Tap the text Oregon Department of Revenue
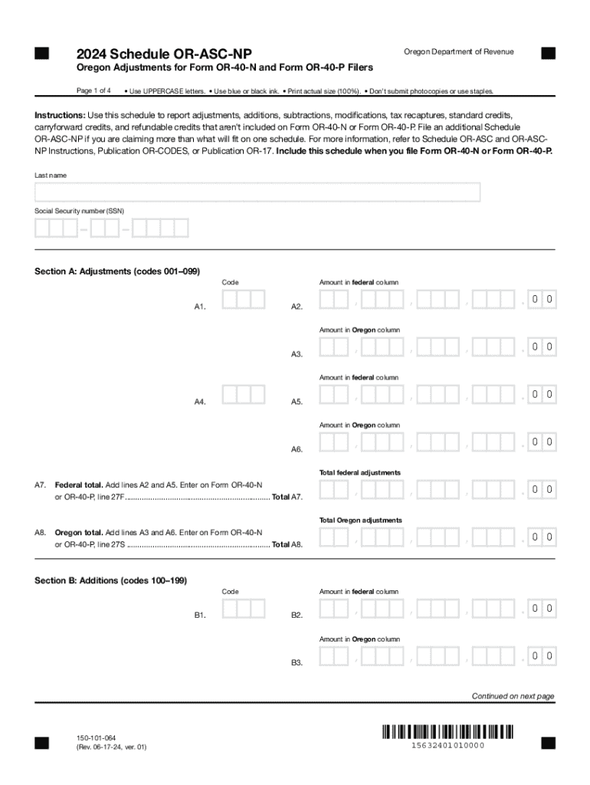click(x=458, y=51)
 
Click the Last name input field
click(x=257, y=192)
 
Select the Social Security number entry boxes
click(x=112, y=228)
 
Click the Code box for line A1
click(x=243, y=300)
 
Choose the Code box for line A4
click(x=243, y=395)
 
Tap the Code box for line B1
click(x=243, y=609)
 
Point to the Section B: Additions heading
click(x=110, y=580)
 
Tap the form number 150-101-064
click(x=97, y=736)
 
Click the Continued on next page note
click(x=512, y=696)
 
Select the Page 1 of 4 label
click(x=94, y=90)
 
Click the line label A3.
click(x=297, y=354)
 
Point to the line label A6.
click(x=297, y=449)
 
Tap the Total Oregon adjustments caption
click(x=360, y=520)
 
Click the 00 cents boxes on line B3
click(x=542, y=655)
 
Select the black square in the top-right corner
click(x=548, y=53)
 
